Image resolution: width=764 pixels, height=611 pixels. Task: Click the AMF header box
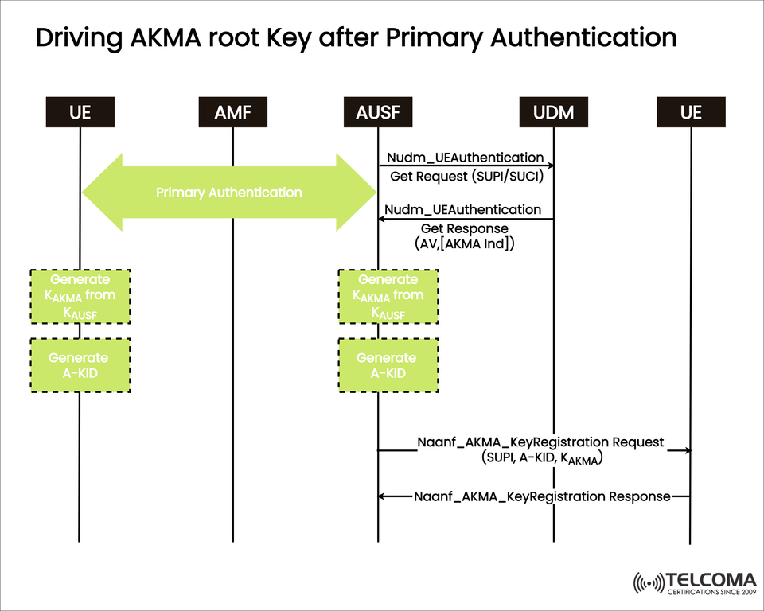[232, 112]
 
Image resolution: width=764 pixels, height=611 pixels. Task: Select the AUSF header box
[378, 112]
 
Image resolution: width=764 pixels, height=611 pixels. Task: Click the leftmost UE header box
[80, 112]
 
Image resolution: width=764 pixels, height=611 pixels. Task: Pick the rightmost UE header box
[691, 112]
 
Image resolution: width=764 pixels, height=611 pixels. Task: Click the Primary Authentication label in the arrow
[228, 193]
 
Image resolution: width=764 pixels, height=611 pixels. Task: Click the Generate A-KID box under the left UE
[80, 365]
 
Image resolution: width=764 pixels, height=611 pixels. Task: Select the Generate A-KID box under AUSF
[388, 365]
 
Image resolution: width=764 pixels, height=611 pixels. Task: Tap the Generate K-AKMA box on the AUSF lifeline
[388, 296]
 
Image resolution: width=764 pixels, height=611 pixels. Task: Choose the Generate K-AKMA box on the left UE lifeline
[80, 296]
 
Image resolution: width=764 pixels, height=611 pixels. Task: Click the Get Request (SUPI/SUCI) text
[466, 177]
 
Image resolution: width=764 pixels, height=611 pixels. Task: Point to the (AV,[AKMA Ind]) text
[465, 244]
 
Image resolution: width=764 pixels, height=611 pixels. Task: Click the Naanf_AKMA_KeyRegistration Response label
[542, 496]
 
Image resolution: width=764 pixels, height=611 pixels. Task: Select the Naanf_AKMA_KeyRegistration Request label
[540, 442]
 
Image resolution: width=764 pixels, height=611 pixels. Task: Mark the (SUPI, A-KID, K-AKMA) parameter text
[541, 459]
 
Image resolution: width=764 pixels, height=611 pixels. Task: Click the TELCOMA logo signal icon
[648, 583]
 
